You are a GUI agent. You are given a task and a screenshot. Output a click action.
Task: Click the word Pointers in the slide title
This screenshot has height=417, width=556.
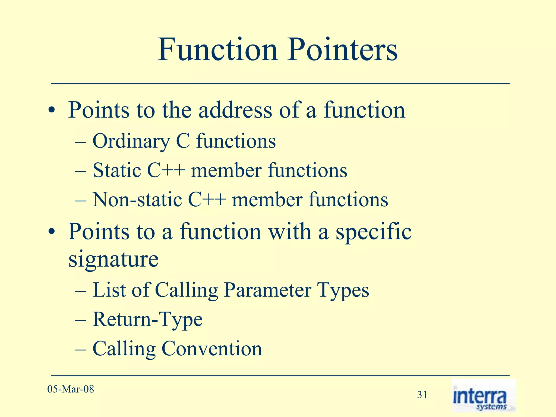(343, 50)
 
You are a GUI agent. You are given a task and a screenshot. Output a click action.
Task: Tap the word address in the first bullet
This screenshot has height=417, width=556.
(235, 110)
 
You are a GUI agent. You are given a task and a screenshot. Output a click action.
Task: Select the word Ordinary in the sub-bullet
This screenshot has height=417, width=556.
(131, 141)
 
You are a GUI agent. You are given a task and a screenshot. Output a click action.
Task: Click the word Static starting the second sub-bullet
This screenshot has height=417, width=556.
(117, 170)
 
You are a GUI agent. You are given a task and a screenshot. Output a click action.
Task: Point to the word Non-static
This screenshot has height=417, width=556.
(137, 200)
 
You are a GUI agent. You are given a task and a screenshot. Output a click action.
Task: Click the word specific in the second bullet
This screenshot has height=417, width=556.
(374, 232)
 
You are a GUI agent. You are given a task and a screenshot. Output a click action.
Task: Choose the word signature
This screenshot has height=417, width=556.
(113, 260)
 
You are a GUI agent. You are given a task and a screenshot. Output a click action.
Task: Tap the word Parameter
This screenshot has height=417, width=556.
(267, 290)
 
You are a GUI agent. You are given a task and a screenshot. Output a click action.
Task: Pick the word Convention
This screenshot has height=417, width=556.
(212, 349)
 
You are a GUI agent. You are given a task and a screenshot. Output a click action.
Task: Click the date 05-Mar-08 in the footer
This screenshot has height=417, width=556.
(71, 389)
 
